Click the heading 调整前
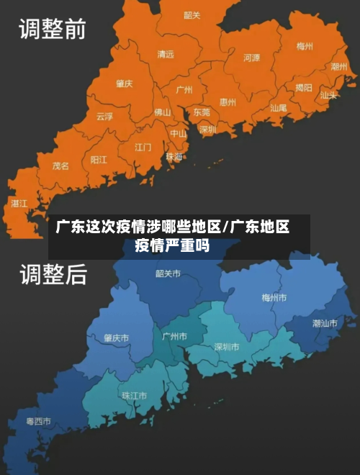(x=52, y=30)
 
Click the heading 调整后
(x=52, y=273)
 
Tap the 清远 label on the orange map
(x=166, y=54)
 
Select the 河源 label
(x=251, y=58)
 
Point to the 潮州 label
(x=338, y=66)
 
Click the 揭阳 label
(x=304, y=88)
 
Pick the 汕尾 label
(x=278, y=107)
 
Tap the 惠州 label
(x=228, y=102)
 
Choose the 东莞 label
(x=201, y=112)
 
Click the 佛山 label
(x=163, y=112)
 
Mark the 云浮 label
(x=104, y=116)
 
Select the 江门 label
(x=143, y=147)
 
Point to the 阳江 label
(x=99, y=159)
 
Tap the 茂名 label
(x=60, y=166)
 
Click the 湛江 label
(x=19, y=204)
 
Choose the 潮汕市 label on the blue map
(x=325, y=323)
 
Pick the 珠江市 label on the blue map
(x=134, y=395)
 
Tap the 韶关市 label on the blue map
(x=168, y=273)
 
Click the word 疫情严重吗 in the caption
(x=172, y=246)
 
